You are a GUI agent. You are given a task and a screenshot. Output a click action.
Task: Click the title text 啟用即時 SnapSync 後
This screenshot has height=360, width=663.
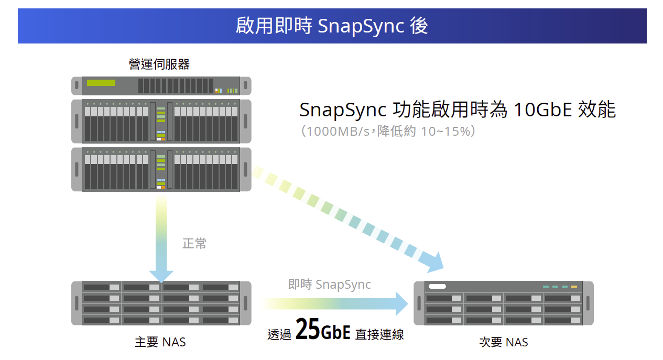[x=332, y=26]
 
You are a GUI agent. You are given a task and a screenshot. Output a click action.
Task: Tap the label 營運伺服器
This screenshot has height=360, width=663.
[x=159, y=64]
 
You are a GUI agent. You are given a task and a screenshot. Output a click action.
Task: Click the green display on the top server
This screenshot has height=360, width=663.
[x=101, y=83]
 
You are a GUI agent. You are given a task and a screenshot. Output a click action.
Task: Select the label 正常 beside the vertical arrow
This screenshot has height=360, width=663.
[x=194, y=244]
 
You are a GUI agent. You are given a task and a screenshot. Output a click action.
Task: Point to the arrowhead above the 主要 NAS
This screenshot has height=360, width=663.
[x=161, y=275]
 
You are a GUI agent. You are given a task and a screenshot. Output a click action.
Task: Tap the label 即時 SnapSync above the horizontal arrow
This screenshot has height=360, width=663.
[x=329, y=285]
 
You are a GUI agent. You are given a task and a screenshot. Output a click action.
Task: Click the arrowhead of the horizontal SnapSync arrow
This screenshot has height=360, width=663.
[x=400, y=304]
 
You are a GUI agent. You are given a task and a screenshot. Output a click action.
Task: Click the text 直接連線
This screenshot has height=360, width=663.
[x=379, y=334]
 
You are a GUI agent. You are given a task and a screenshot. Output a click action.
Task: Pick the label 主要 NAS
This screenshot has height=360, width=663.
[x=160, y=343]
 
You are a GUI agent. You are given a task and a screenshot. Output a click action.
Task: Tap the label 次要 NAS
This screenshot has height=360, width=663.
[x=504, y=343]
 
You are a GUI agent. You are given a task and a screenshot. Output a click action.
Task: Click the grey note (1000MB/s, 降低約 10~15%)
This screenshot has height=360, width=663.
[x=388, y=131]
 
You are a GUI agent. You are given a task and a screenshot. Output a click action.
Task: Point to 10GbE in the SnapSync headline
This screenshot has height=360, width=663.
[x=542, y=110]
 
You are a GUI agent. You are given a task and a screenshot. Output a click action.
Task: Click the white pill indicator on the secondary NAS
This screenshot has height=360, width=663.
[x=437, y=287]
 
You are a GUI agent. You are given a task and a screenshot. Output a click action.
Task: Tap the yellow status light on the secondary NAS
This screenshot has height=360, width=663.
[x=574, y=287]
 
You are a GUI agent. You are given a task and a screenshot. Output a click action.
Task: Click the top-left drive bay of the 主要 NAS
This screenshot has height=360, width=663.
[x=102, y=287]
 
